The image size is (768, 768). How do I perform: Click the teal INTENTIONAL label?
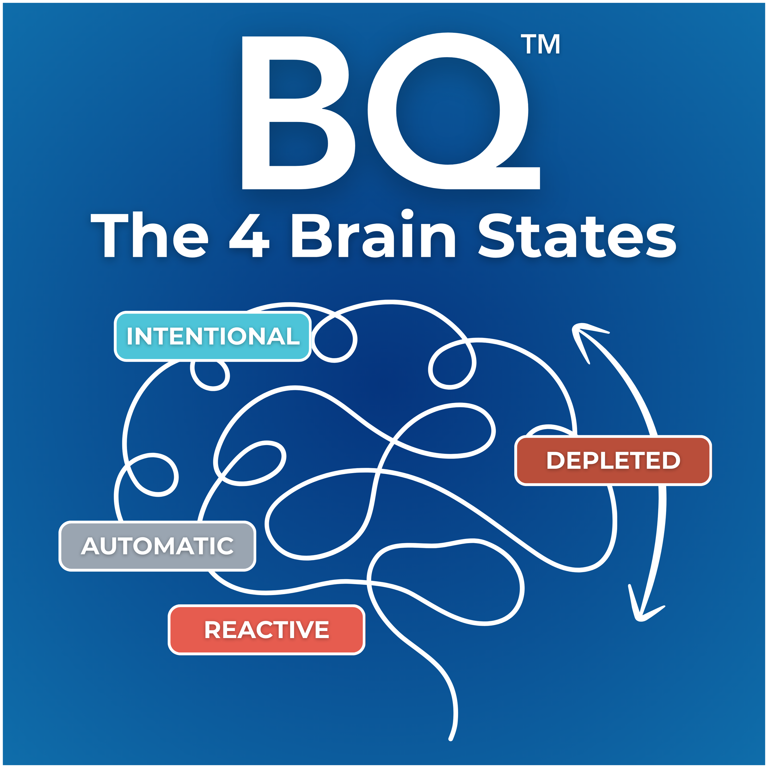pyautogui.click(x=213, y=336)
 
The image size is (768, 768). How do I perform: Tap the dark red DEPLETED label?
pyautogui.click(x=613, y=460)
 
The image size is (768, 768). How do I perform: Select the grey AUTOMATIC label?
pyautogui.click(x=157, y=546)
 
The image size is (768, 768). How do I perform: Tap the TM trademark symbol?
pyautogui.click(x=541, y=44)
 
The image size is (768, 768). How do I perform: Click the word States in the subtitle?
pyautogui.click(x=576, y=236)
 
